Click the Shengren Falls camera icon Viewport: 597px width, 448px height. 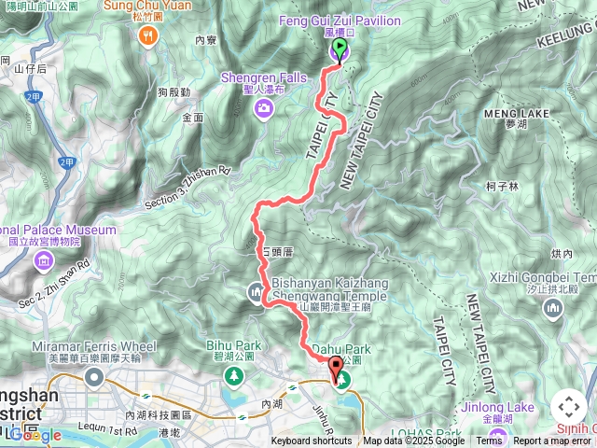264,109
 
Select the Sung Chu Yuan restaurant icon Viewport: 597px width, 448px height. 147,35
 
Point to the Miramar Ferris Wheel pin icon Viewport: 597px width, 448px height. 93,376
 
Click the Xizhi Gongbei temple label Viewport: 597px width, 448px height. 546,277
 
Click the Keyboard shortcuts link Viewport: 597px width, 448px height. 312,441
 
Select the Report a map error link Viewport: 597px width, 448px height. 551,441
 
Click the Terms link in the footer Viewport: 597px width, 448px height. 489,441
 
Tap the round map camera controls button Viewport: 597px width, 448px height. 569,407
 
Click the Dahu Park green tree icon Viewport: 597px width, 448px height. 344,380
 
